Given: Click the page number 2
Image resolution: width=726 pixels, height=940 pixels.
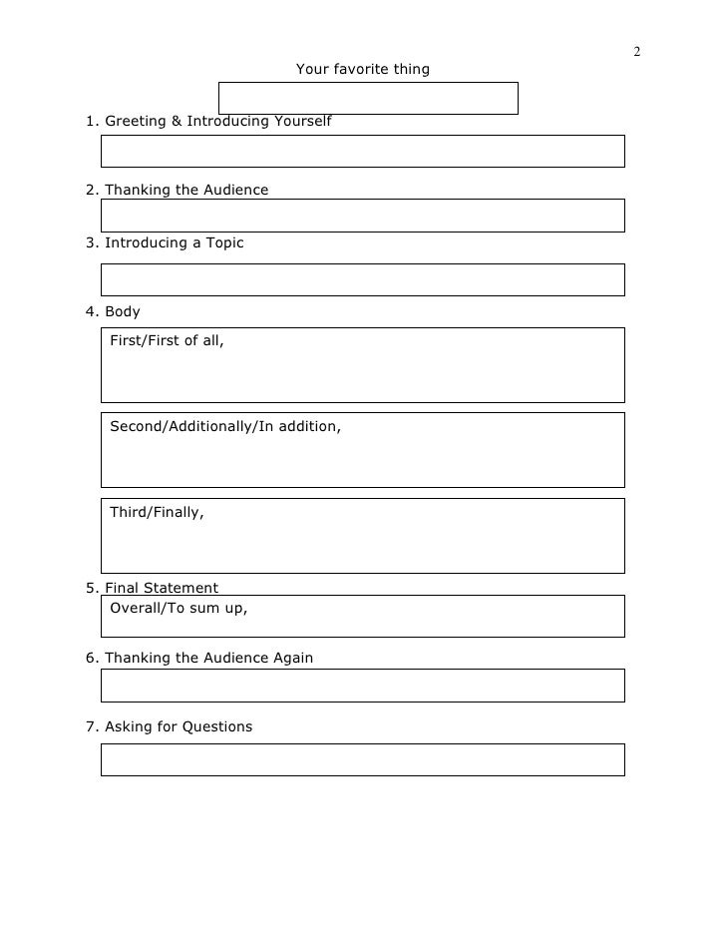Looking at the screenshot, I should [635, 52].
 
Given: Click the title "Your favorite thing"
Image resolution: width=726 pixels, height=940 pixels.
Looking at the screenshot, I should [363, 70].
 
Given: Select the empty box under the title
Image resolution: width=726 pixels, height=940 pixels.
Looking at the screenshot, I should [367, 98].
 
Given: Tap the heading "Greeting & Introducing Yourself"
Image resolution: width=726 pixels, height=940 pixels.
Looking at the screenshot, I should [208, 122].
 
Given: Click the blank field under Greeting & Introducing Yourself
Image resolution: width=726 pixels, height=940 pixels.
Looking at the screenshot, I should [362, 151].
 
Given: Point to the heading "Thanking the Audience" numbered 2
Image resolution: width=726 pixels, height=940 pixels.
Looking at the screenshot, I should [178, 190].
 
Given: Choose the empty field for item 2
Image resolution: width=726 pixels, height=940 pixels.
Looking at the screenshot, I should [362, 216].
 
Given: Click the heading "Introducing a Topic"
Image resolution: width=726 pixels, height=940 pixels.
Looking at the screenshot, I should [165, 242].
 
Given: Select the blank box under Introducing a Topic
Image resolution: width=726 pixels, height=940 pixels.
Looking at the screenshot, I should [362, 280].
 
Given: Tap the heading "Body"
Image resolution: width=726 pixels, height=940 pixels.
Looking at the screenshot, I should [113, 311].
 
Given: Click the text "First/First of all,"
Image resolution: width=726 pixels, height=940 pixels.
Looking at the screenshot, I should [168, 341].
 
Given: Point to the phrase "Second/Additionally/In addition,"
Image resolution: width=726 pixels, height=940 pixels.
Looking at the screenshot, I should [225, 426].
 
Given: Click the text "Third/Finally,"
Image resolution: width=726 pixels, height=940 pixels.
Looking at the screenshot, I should [157, 512].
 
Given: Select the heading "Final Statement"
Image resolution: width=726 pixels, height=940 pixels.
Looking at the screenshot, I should [152, 588].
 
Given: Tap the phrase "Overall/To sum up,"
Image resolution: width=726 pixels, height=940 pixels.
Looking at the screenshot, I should [179, 607].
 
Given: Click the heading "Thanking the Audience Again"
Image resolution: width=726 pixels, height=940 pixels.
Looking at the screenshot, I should [199, 658].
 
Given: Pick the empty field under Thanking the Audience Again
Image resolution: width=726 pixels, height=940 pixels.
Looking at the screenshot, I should [362, 686].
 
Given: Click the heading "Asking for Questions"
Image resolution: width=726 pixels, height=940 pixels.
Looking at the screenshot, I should [170, 726].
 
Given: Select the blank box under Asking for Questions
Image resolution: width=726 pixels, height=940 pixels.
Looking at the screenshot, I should [362, 759].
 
